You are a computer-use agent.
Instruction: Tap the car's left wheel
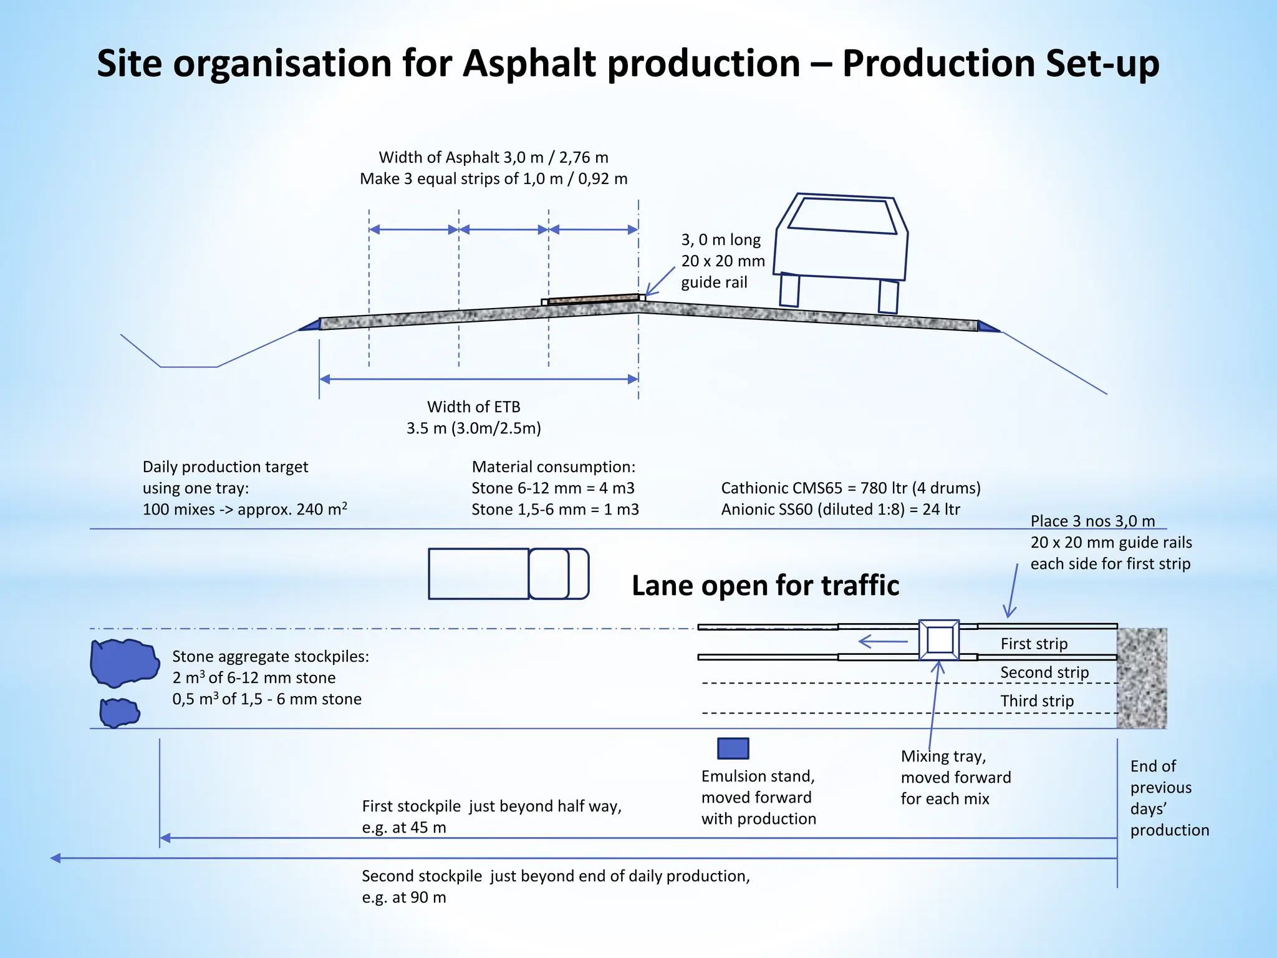pos(789,290)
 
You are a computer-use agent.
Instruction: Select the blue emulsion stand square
pos(733,748)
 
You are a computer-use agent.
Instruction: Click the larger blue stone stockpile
pos(124,662)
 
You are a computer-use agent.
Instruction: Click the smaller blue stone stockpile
pos(119,712)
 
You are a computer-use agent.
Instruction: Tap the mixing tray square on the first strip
pos(939,640)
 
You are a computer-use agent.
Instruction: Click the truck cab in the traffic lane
pos(558,574)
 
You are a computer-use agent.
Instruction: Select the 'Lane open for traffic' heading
pos(765,586)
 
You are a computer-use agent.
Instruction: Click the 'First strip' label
pos(1034,644)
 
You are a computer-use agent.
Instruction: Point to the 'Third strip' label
pos(1037,701)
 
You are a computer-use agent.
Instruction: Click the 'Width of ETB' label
pos(473,407)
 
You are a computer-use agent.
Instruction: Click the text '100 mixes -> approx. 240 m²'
pos(244,509)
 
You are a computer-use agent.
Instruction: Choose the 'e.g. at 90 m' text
pos(404,897)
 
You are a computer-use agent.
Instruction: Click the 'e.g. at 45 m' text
pos(404,827)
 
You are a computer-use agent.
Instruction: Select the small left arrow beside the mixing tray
pos(882,641)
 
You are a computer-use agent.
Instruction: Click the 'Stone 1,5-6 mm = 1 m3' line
pos(555,509)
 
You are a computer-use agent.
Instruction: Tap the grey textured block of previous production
pos(1141,678)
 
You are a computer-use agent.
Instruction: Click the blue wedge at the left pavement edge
pos(311,325)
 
